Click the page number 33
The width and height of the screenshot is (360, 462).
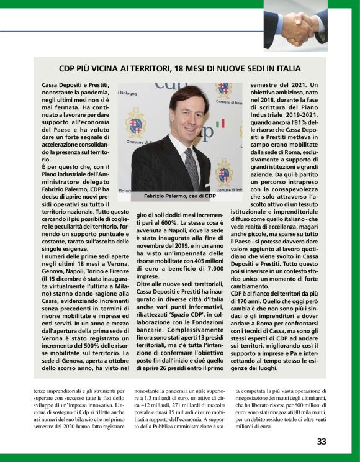[x=322, y=442]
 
